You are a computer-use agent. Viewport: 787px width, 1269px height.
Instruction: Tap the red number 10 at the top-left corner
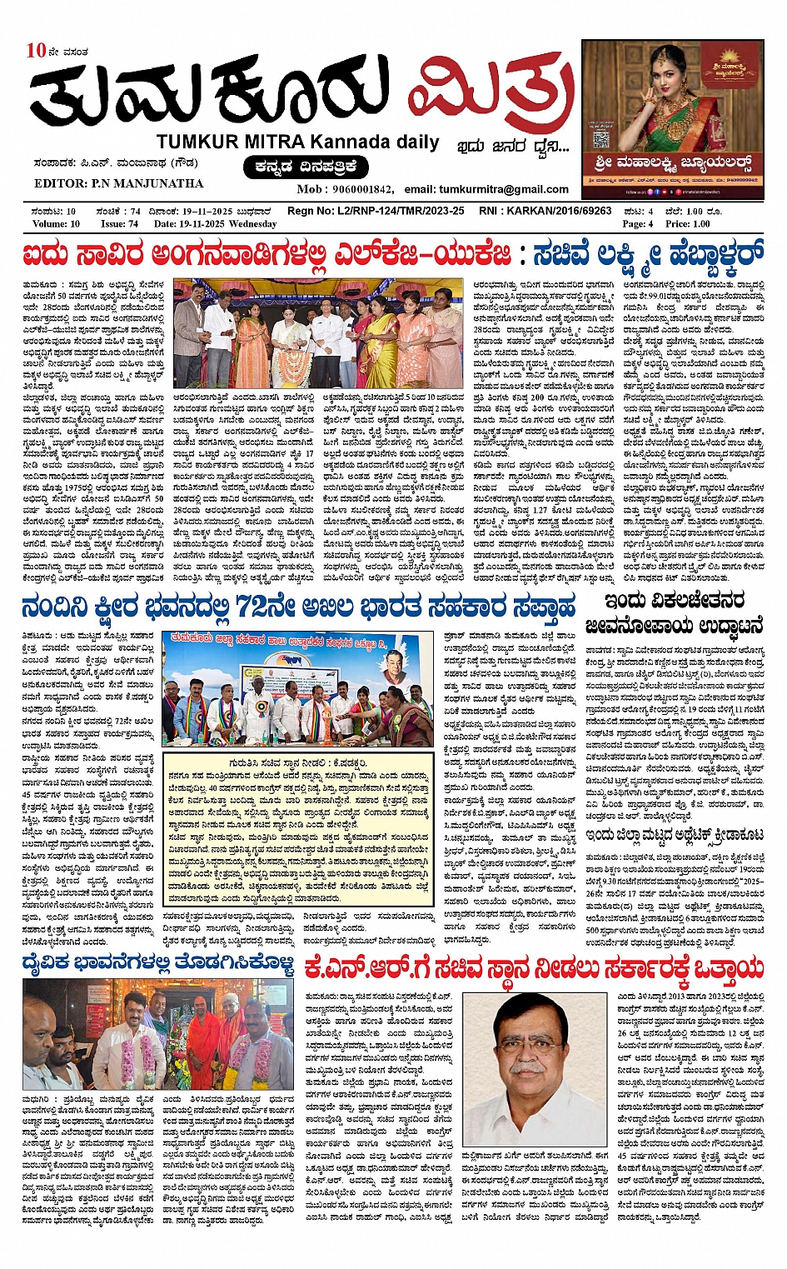[36, 51]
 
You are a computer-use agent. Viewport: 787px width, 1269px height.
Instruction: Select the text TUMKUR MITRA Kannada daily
[297, 142]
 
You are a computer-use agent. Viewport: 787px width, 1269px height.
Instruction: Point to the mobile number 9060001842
[363, 189]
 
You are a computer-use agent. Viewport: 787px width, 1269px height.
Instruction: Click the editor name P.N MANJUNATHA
[118, 183]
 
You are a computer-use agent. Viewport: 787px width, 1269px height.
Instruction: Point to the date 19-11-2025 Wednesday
[215, 223]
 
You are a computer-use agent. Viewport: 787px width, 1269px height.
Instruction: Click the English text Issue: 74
[119, 223]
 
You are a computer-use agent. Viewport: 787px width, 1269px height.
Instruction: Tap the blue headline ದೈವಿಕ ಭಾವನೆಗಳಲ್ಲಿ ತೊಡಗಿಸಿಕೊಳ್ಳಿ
[158, 966]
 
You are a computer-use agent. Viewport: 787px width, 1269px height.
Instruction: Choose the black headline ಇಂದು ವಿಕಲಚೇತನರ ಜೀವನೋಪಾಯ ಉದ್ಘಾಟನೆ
[674, 613]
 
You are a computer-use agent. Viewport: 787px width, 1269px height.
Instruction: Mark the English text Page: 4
[638, 223]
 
